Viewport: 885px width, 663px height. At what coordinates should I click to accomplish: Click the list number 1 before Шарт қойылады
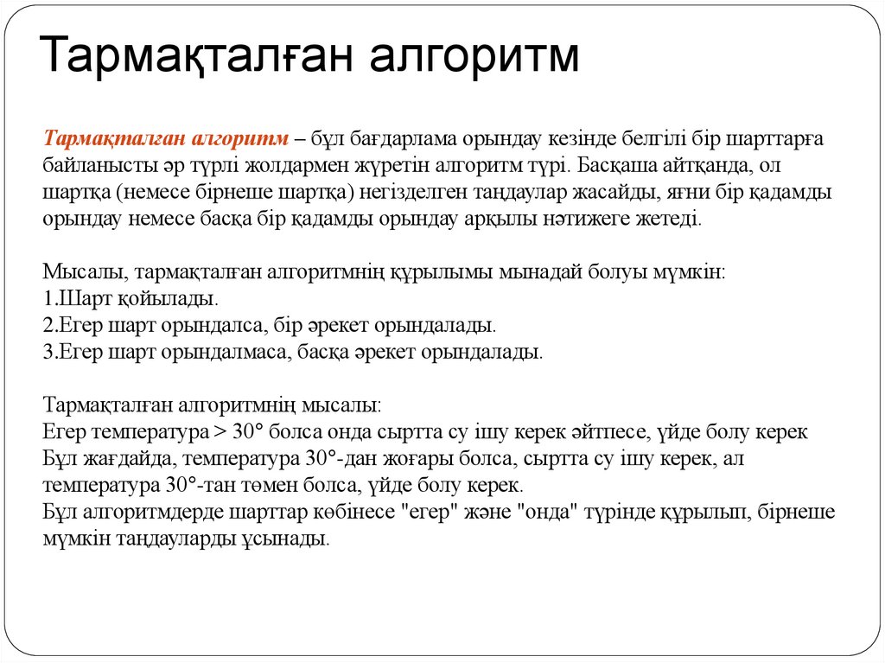click(48, 299)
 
